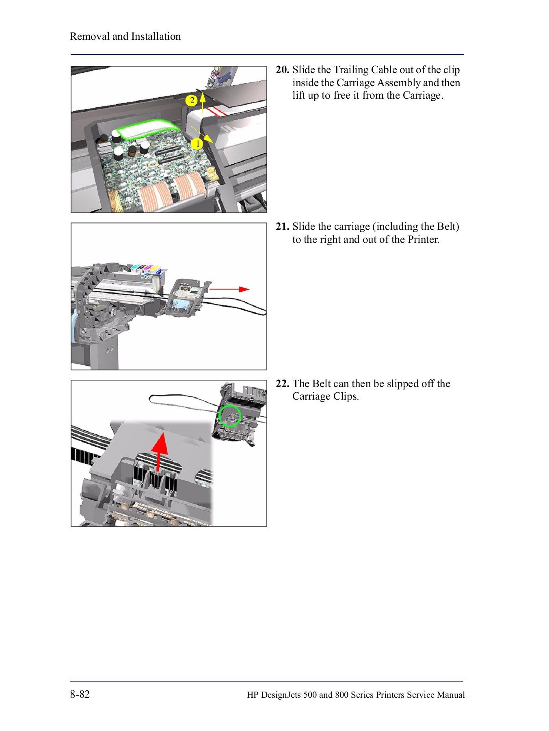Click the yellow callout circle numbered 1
tap(197, 144)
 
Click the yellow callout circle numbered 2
tap(191, 100)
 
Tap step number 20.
tap(282, 70)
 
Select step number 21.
tap(282, 227)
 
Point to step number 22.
tap(282, 384)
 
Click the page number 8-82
tap(80, 694)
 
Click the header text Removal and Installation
tap(125, 37)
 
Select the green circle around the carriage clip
tap(230, 416)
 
